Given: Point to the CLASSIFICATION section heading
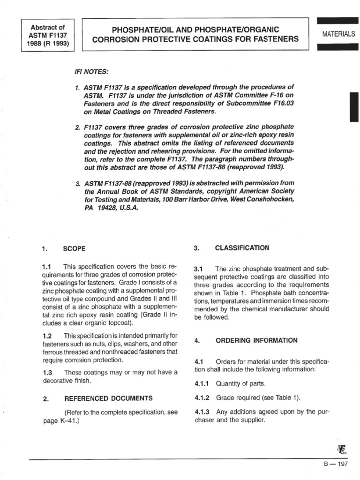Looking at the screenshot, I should coord(242,247).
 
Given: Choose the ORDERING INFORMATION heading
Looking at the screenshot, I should coord(256,340).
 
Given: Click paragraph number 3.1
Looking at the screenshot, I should coord(198,269).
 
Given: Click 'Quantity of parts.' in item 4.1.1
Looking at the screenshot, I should coord(240,384).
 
